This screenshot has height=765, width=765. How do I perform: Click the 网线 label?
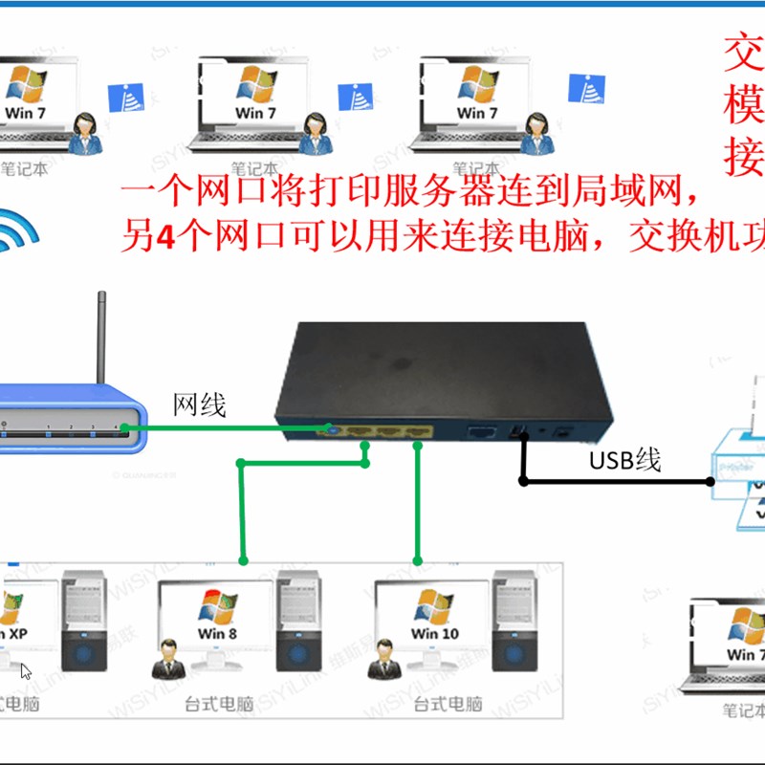(x=199, y=404)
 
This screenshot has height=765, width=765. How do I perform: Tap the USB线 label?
(x=624, y=460)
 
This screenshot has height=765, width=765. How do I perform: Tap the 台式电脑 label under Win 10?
(x=448, y=705)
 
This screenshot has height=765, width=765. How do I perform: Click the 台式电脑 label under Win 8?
(x=219, y=705)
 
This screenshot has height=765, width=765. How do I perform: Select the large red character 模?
(x=743, y=106)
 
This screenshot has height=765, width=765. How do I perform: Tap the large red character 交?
(x=743, y=54)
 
